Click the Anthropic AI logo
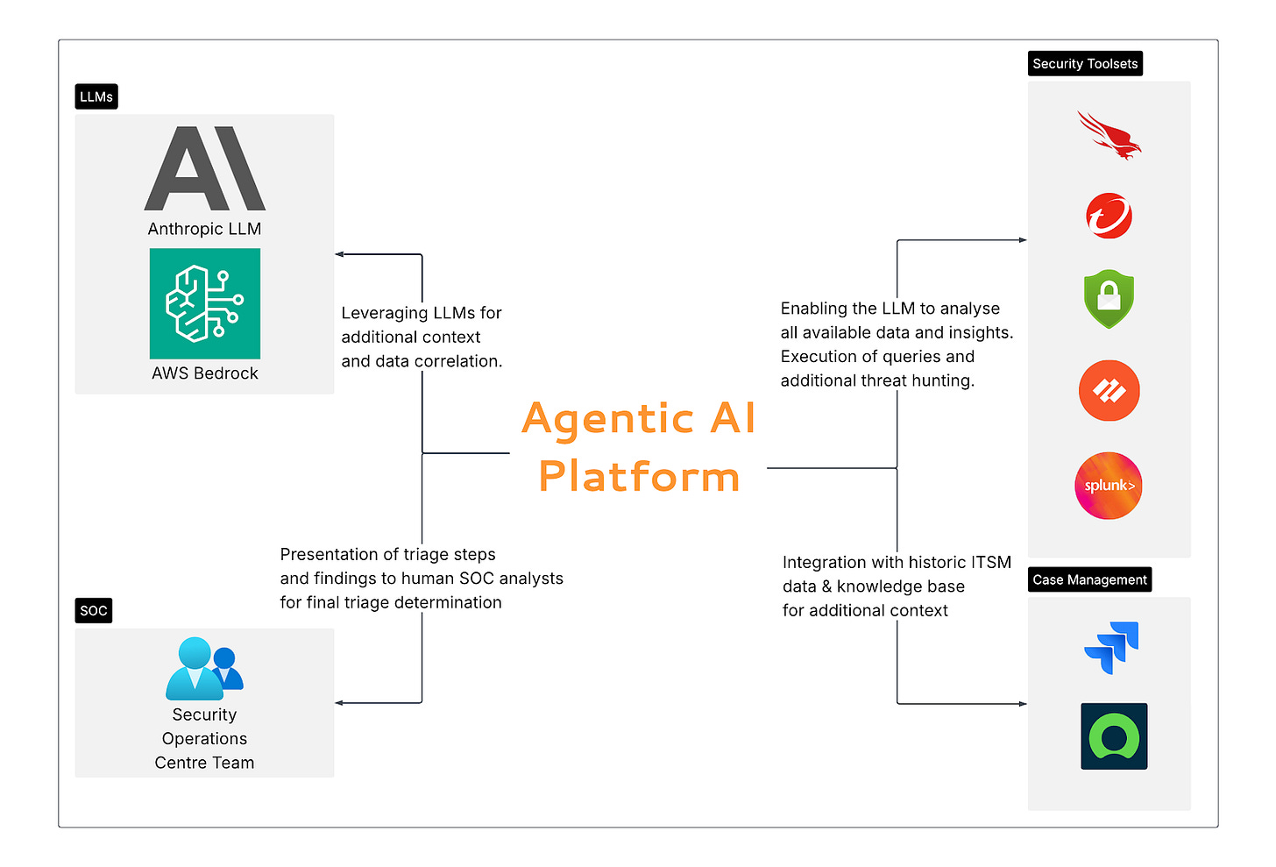pos(204,169)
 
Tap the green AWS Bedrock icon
pos(205,303)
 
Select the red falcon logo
pos(1109,135)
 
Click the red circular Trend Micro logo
pos(1109,216)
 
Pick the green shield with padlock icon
pos(1109,299)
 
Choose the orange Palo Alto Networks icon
pos(1109,391)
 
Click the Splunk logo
pos(1109,486)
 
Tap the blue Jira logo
pos(1111,648)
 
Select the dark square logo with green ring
pos(1114,736)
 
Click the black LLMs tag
pos(96,96)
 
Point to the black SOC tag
pos(94,611)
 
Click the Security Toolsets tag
pos(1085,64)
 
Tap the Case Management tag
pos(1089,579)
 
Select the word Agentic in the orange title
pos(608,419)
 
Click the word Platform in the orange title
pos(639,477)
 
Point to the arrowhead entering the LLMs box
pos(339,254)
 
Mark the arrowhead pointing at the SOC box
pos(339,703)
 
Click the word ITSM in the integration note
pos(991,562)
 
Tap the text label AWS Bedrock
pos(205,373)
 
